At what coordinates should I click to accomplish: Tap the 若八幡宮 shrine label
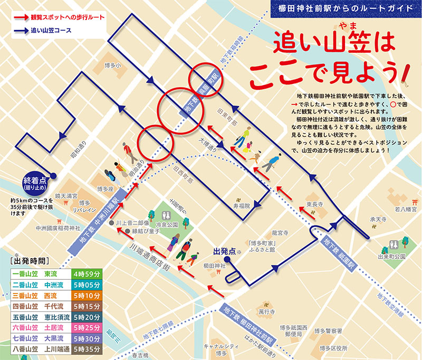(405, 210)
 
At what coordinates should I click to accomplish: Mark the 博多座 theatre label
(105, 188)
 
